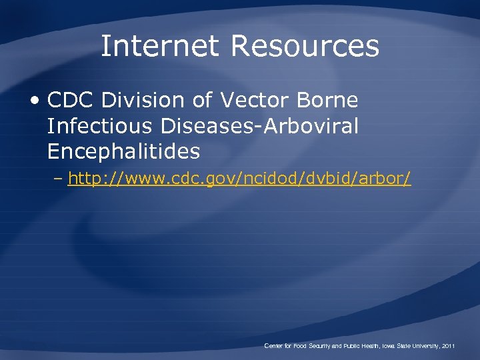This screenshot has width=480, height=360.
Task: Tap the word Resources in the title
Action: coord(305,47)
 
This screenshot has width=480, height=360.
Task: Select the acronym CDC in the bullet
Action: coord(72,101)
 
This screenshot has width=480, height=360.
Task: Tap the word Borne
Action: coord(327,101)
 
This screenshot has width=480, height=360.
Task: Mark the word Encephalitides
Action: coord(123,152)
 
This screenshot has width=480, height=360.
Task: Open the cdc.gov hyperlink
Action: coord(239,179)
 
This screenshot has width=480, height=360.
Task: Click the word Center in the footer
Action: coord(274,346)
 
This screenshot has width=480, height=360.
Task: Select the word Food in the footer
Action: coord(301,346)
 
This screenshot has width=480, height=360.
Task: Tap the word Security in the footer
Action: coord(323,346)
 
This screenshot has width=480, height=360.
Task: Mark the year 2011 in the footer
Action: coord(449,346)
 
